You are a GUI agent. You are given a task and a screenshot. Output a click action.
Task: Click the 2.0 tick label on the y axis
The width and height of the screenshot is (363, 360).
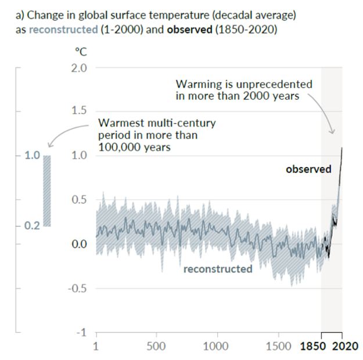coord(78,67)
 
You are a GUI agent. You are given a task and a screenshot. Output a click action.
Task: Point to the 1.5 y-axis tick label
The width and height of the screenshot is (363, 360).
coord(78,111)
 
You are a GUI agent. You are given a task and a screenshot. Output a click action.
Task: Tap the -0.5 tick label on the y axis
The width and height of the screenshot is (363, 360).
coord(76,288)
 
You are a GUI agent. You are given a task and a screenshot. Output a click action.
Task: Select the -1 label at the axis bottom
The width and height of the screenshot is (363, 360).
coord(81,333)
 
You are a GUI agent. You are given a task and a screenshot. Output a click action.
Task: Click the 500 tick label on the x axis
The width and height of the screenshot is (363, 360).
coord(156,345)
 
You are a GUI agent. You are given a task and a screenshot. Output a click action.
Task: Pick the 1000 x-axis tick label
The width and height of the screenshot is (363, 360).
coord(218,345)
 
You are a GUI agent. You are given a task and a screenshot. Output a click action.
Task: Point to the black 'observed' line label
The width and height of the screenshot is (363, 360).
coord(308,169)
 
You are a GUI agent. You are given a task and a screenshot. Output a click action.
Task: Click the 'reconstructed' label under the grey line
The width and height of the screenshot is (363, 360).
coord(218,269)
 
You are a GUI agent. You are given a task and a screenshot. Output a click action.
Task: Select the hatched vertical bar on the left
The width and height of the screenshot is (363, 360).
coord(48,191)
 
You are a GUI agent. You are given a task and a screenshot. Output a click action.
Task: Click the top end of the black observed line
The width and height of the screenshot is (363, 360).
coord(342,148)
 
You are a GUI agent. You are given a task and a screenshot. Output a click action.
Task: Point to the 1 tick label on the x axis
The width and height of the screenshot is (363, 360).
coord(96,345)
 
